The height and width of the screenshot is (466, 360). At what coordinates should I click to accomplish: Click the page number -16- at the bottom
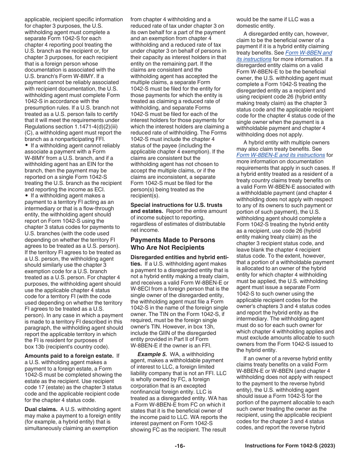point(180,446)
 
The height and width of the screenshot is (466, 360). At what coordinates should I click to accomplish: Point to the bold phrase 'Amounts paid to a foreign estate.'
point(69,356)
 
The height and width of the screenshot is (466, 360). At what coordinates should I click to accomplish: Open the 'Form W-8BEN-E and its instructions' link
point(280,155)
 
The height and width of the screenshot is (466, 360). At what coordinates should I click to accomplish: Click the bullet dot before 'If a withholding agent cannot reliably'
point(27,145)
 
